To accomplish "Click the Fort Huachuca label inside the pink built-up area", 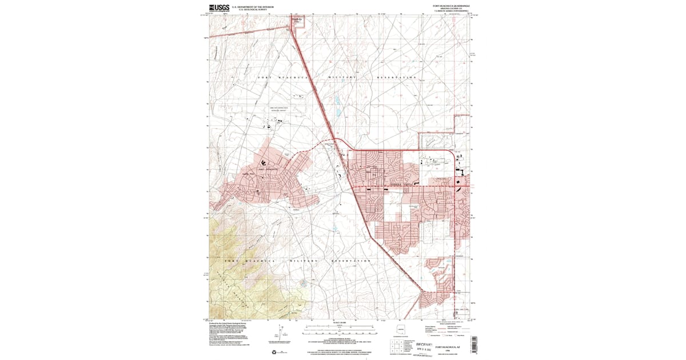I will click(267, 169).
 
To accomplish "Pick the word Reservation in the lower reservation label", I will click(351, 261).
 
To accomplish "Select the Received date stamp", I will click(424, 346).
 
